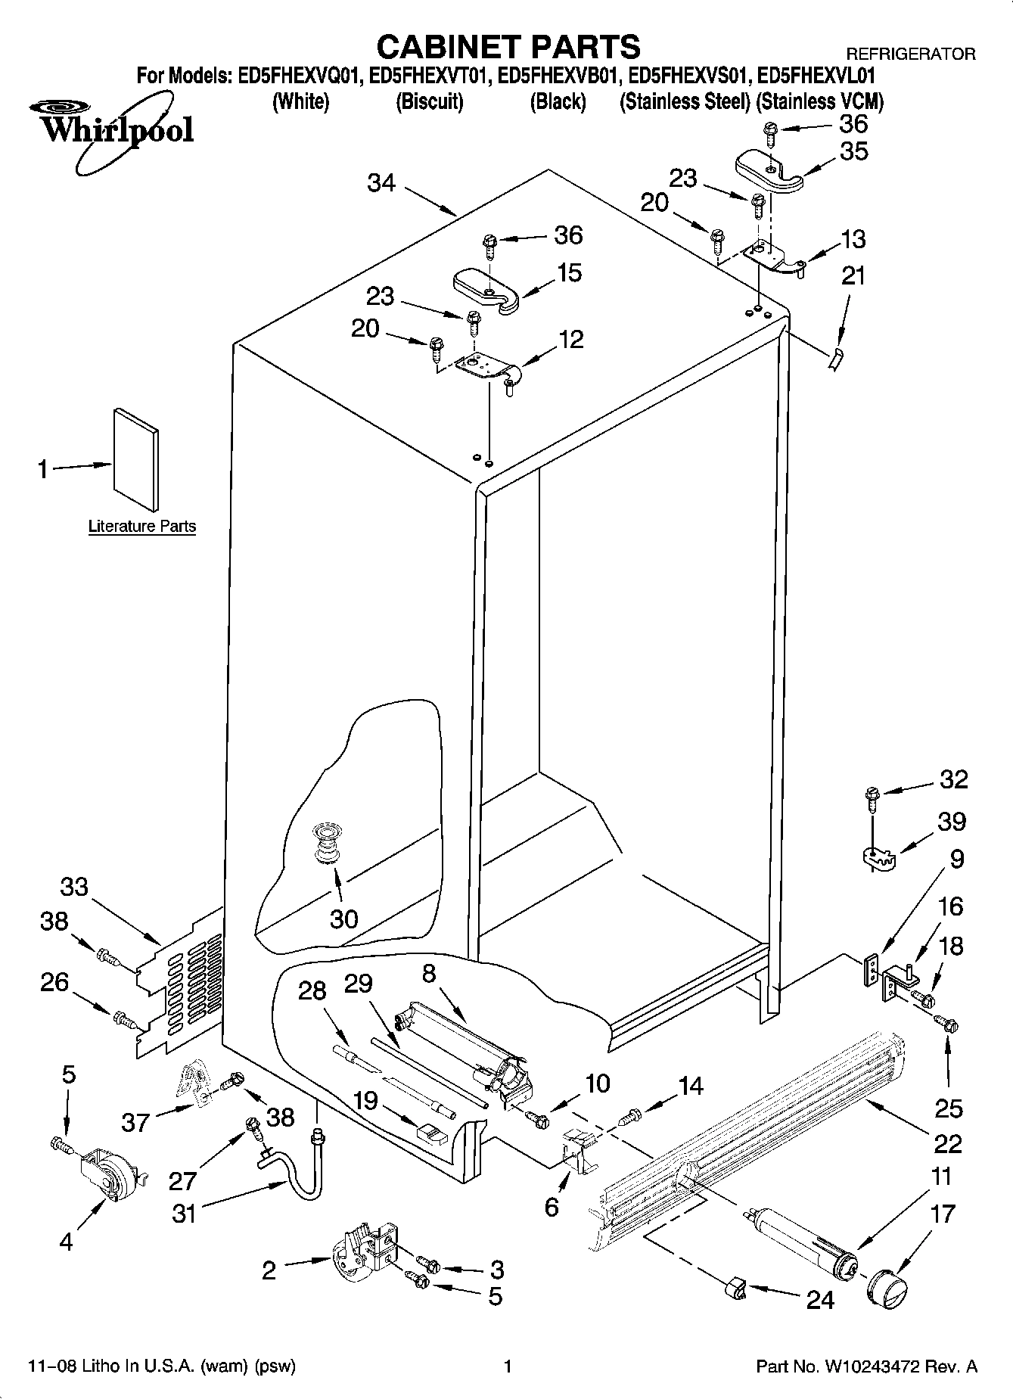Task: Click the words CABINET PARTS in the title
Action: (508, 47)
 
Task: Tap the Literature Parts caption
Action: (142, 526)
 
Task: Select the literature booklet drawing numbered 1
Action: (136, 459)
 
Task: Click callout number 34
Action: (381, 182)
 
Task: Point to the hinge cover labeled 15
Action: (485, 290)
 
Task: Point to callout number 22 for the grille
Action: (948, 1143)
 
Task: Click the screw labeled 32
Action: (871, 797)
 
